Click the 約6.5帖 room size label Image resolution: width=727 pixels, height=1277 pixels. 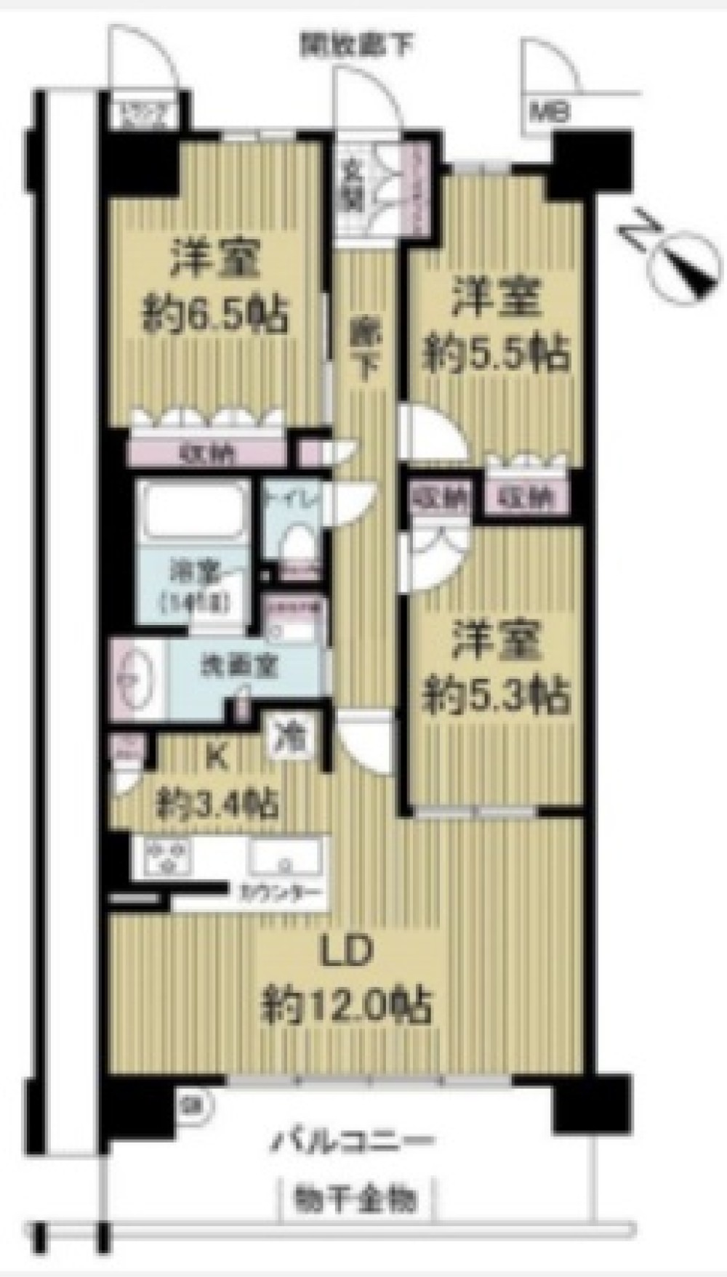coord(214,315)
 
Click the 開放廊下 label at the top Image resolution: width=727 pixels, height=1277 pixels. coord(356,46)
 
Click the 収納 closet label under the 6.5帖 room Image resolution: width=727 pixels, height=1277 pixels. coord(203,454)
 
